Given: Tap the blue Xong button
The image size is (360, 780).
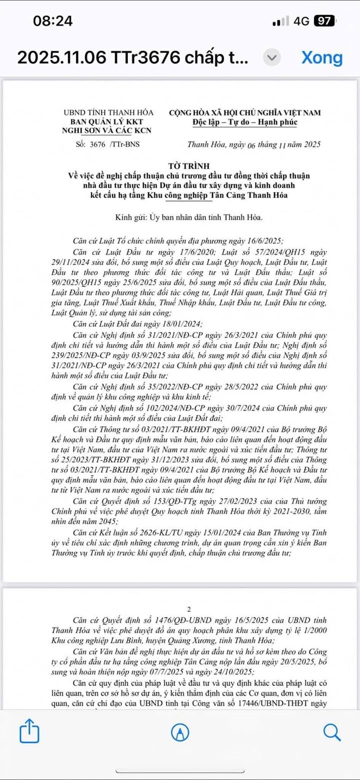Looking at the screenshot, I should [321, 58].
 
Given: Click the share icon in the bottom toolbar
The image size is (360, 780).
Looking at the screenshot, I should [29, 731].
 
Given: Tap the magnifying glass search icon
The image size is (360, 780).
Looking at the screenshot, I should [331, 732].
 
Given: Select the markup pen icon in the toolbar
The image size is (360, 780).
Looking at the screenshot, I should [180, 732].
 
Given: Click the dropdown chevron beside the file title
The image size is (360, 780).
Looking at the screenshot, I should [271, 58].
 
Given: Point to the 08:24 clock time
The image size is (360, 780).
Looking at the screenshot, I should [52, 21].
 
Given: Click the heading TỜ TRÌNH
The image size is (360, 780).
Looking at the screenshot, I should [188, 166].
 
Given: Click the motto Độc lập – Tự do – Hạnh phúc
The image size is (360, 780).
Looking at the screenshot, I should [244, 122].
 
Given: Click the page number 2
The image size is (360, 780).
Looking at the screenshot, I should [188, 609].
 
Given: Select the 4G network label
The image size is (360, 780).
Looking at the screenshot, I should [302, 21].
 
